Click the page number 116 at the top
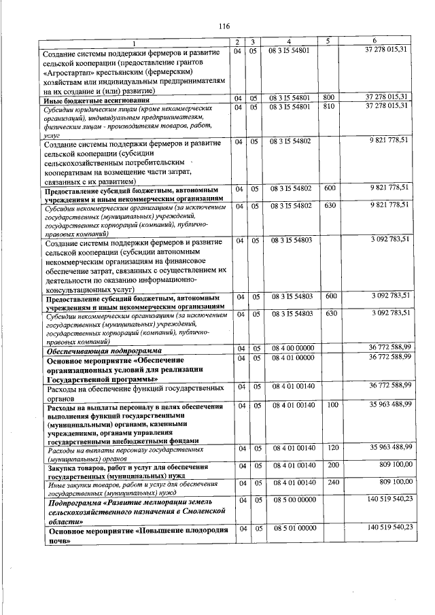click(224, 26)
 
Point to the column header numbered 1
click(134, 42)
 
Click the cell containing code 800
click(329, 98)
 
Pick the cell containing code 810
click(329, 107)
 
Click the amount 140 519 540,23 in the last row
click(389, 527)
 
